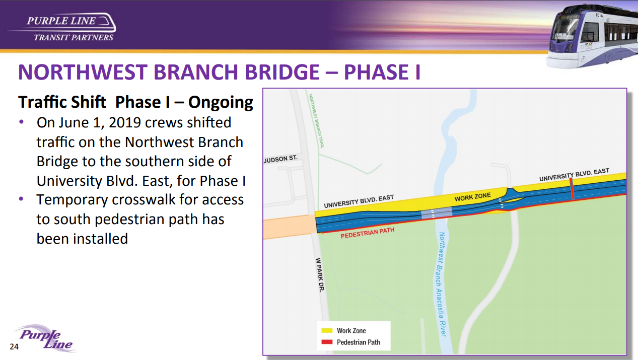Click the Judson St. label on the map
[x=280, y=159]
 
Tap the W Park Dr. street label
[x=320, y=275]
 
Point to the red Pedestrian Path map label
[x=368, y=233]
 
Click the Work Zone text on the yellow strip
[x=472, y=197]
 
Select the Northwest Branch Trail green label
[x=316, y=121]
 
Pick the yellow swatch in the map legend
[x=327, y=330]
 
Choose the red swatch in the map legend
[x=327, y=342]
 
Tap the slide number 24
[x=14, y=346]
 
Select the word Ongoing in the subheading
[x=221, y=103]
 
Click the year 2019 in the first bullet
[x=125, y=122]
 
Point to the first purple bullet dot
[x=21, y=122]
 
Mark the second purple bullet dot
[x=21, y=199]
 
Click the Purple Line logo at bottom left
[x=45, y=338]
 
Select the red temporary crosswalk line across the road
[x=572, y=188]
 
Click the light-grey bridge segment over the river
[x=437, y=213]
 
